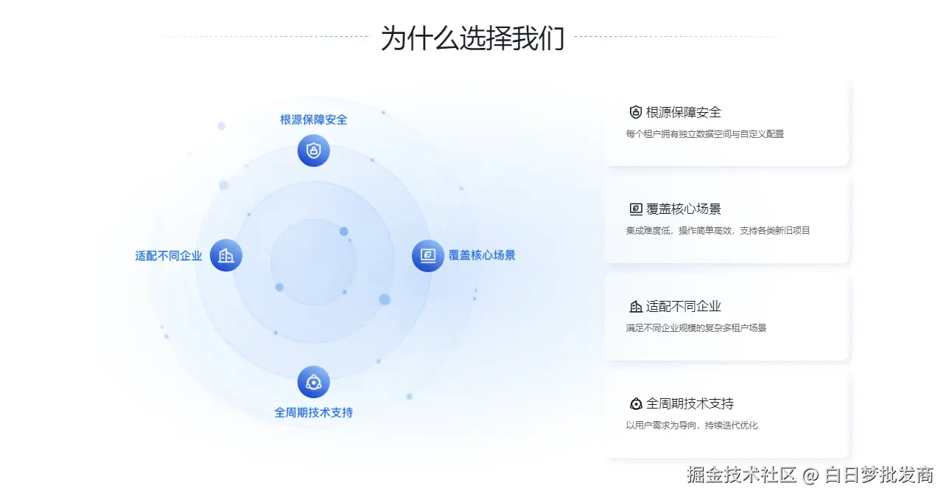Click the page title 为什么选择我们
tap(472, 38)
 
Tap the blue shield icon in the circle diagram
tap(314, 150)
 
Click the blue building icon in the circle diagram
tap(226, 256)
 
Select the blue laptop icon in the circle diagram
tap(428, 256)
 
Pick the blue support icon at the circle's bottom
tap(314, 382)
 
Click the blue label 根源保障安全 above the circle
tap(314, 119)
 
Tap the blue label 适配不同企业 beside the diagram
tap(169, 256)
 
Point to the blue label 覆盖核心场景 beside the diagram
tap(482, 255)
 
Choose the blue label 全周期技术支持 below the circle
tap(314, 412)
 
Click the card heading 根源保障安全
tap(683, 112)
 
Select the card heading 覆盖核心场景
tap(683, 209)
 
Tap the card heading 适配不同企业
tap(683, 306)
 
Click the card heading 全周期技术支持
tap(690, 403)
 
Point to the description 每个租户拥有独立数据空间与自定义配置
tap(704, 134)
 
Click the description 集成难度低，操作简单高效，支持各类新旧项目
tap(718, 230)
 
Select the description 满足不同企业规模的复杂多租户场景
tap(696, 327)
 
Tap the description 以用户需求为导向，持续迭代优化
tap(691, 425)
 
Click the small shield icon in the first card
tap(636, 112)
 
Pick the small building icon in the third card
tap(636, 306)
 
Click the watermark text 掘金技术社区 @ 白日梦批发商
tap(810, 474)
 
